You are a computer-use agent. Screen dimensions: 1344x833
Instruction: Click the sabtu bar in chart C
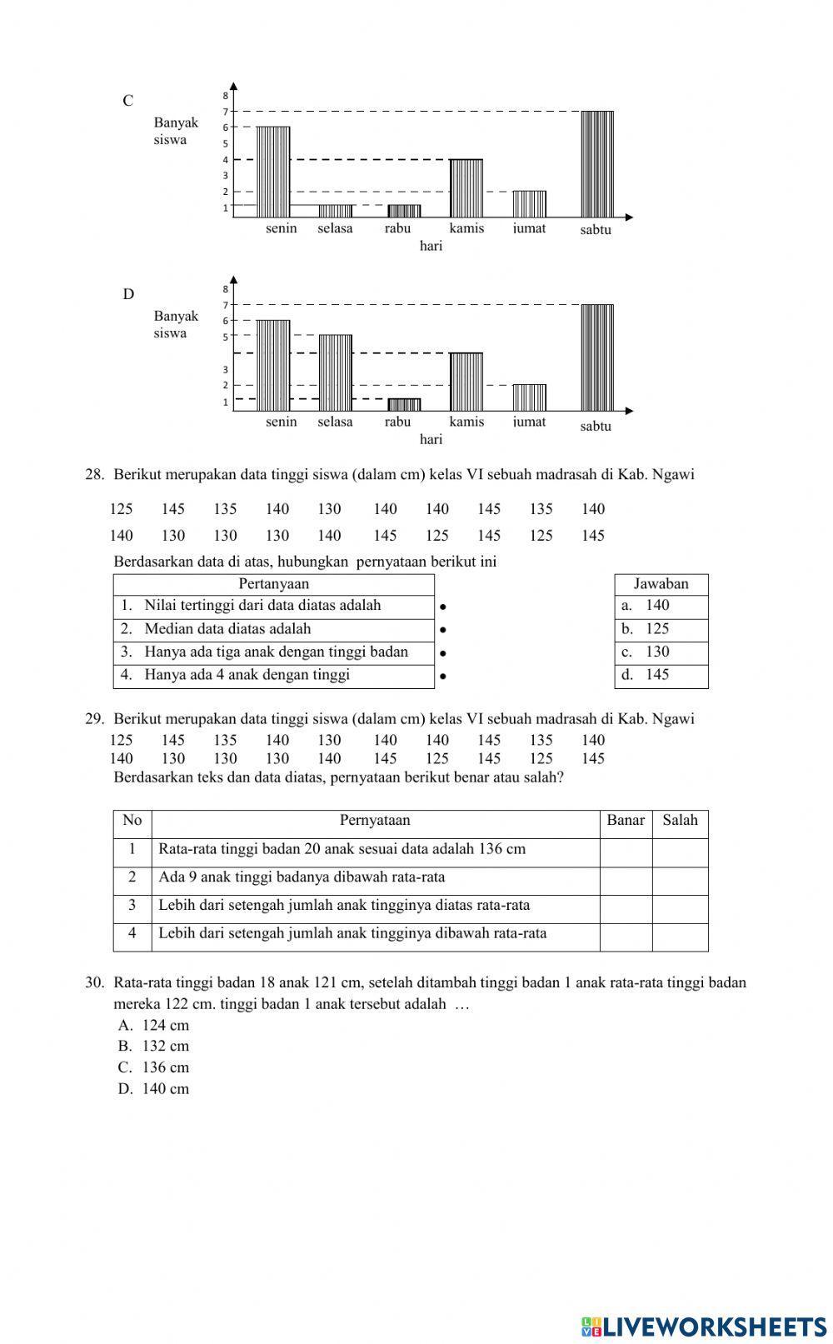point(597,164)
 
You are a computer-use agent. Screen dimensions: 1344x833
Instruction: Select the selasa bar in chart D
point(336,372)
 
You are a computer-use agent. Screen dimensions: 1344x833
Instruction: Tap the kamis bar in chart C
point(466,188)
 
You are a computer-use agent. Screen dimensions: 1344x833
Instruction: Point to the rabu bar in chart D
point(404,404)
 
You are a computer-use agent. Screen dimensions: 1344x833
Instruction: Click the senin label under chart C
point(282,228)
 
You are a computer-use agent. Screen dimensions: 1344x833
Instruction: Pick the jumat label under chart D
point(529,422)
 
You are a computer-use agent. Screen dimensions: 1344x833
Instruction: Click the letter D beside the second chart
point(128,294)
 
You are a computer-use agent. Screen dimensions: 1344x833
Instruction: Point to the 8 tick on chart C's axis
point(225,96)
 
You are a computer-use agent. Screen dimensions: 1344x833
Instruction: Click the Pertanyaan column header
point(273,584)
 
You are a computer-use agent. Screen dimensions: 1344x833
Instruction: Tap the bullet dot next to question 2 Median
point(443,631)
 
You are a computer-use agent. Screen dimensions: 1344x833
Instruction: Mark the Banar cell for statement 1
point(626,852)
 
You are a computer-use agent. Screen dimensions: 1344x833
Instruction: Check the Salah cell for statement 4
point(680,937)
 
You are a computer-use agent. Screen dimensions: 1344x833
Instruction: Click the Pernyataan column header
point(375,821)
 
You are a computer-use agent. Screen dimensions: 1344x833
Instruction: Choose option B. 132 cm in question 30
point(154,1046)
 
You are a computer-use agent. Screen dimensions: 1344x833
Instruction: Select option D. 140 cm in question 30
point(154,1088)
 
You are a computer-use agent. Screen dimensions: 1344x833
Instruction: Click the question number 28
point(94,475)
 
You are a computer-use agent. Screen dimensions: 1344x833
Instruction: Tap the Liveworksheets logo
point(704,1326)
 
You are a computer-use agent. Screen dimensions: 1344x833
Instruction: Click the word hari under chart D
point(431,439)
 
